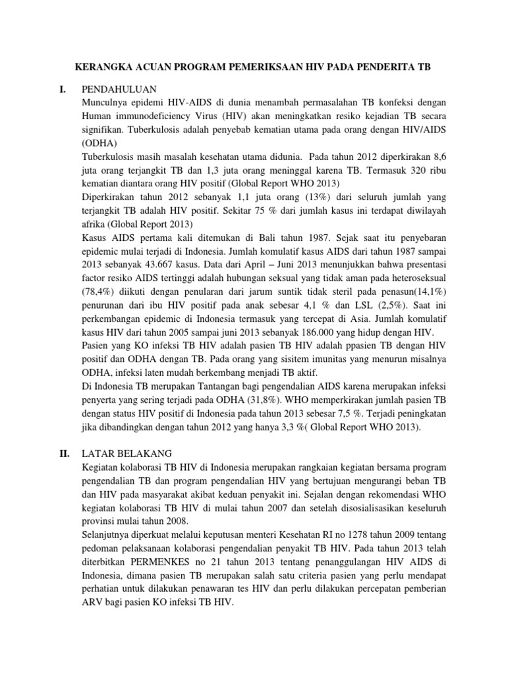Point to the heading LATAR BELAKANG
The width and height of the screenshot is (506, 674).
point(126,453)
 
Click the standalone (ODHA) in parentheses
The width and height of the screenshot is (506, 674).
point(99,143)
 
